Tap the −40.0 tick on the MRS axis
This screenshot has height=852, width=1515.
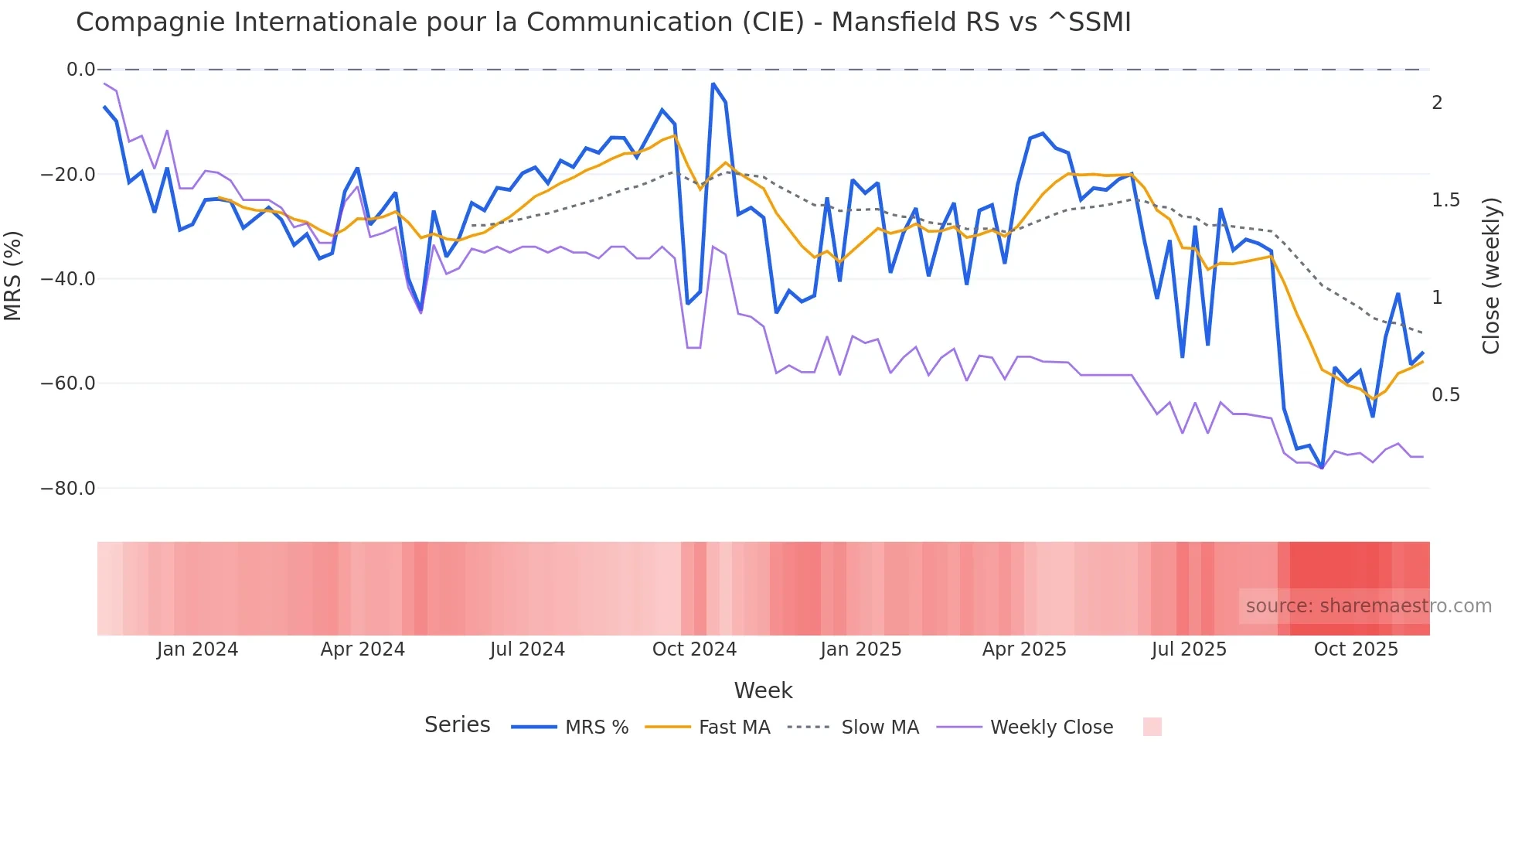pos(68,279)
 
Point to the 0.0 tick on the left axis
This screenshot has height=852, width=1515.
pos(80,70)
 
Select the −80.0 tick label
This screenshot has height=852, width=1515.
pos(68,489)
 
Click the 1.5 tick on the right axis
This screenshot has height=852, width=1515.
pos(1445,200)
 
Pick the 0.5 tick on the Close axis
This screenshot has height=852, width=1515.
pos(1445,395)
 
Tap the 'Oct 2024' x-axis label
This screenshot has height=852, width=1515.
pos(694,649)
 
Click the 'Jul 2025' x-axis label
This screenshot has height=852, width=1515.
pos(1189,649)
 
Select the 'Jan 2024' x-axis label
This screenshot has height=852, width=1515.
pos(197,649)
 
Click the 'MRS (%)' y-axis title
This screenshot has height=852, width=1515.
pos(13,276)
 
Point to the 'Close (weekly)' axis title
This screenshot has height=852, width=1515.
pos(1491,276)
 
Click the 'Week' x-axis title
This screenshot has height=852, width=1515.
pos(763,690)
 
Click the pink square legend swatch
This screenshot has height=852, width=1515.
pos(1152,727)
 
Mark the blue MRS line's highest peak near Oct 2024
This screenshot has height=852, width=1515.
pos(713,83)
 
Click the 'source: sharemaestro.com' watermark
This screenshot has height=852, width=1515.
pos(1368,606)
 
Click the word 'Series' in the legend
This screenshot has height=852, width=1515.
pos(457,725)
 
